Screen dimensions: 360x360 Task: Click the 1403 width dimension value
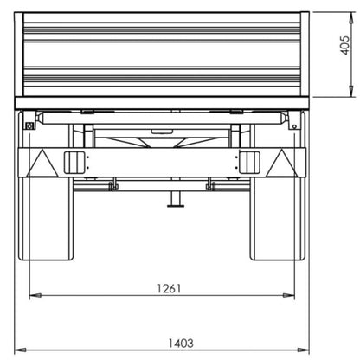[181, 344]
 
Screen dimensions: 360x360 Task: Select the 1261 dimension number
[169, 288]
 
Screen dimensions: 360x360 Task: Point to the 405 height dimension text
[345, 45]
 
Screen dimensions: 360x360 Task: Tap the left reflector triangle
[42, 164]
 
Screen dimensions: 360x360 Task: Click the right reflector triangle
[281, 164]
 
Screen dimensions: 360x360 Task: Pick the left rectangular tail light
[74, 163]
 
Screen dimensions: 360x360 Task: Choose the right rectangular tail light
[249, 163]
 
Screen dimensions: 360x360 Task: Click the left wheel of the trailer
[46, 218]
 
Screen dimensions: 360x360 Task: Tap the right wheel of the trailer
[278, 218]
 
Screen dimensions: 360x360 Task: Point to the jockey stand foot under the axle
[176, 205]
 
